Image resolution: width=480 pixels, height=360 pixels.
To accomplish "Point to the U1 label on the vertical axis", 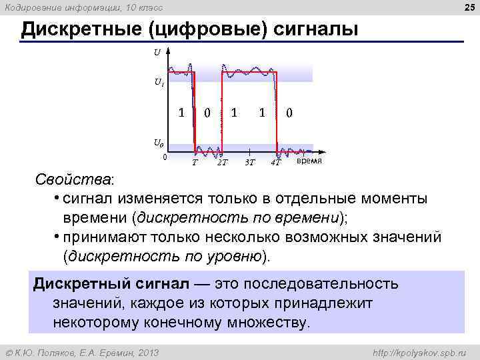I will point(159,83).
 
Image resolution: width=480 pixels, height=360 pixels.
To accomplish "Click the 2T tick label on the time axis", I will point(222,162).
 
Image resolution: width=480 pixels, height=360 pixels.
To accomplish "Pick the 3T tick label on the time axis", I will point(249,162).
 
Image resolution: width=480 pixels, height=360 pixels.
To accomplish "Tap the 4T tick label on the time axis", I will point(276,162).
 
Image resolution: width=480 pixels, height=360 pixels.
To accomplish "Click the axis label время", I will point(309,161).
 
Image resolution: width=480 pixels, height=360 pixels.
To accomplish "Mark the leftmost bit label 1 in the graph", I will point(181,112).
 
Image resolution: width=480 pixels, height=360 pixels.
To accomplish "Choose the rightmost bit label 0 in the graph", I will point(289,113).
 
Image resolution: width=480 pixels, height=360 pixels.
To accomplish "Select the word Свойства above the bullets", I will point(75,181).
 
